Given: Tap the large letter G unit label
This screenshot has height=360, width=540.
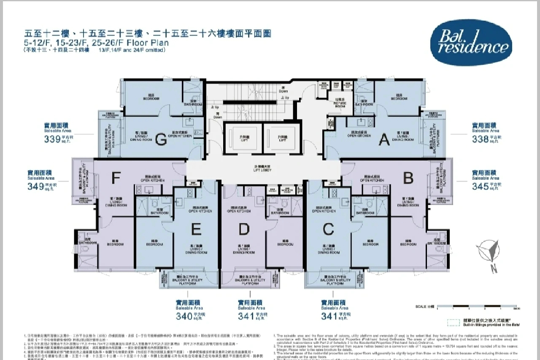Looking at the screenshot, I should tap(161, 139).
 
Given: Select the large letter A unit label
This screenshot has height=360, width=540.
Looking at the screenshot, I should tap(384, 139).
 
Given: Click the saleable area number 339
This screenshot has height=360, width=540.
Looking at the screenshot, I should tap(52, 140).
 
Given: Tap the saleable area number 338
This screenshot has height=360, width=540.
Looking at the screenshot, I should tap(481, 139).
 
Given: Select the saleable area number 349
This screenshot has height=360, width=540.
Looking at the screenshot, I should tap(36, 187).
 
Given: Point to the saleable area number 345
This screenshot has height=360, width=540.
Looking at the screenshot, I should tap(481, 186).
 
